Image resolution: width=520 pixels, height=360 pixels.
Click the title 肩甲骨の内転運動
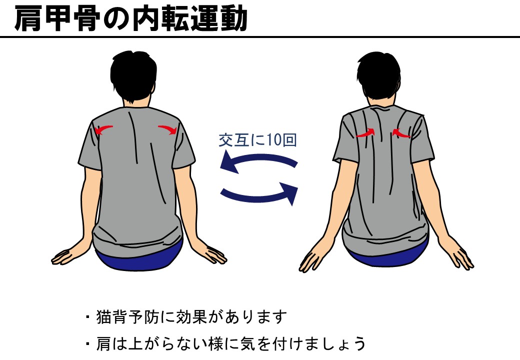[x=130, y=18]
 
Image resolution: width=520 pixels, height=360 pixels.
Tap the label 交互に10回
[x=257, y=140]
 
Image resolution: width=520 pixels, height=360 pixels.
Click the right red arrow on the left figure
[x=168, y=129]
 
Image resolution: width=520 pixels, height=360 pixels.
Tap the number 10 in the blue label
[x=274, y=140]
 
